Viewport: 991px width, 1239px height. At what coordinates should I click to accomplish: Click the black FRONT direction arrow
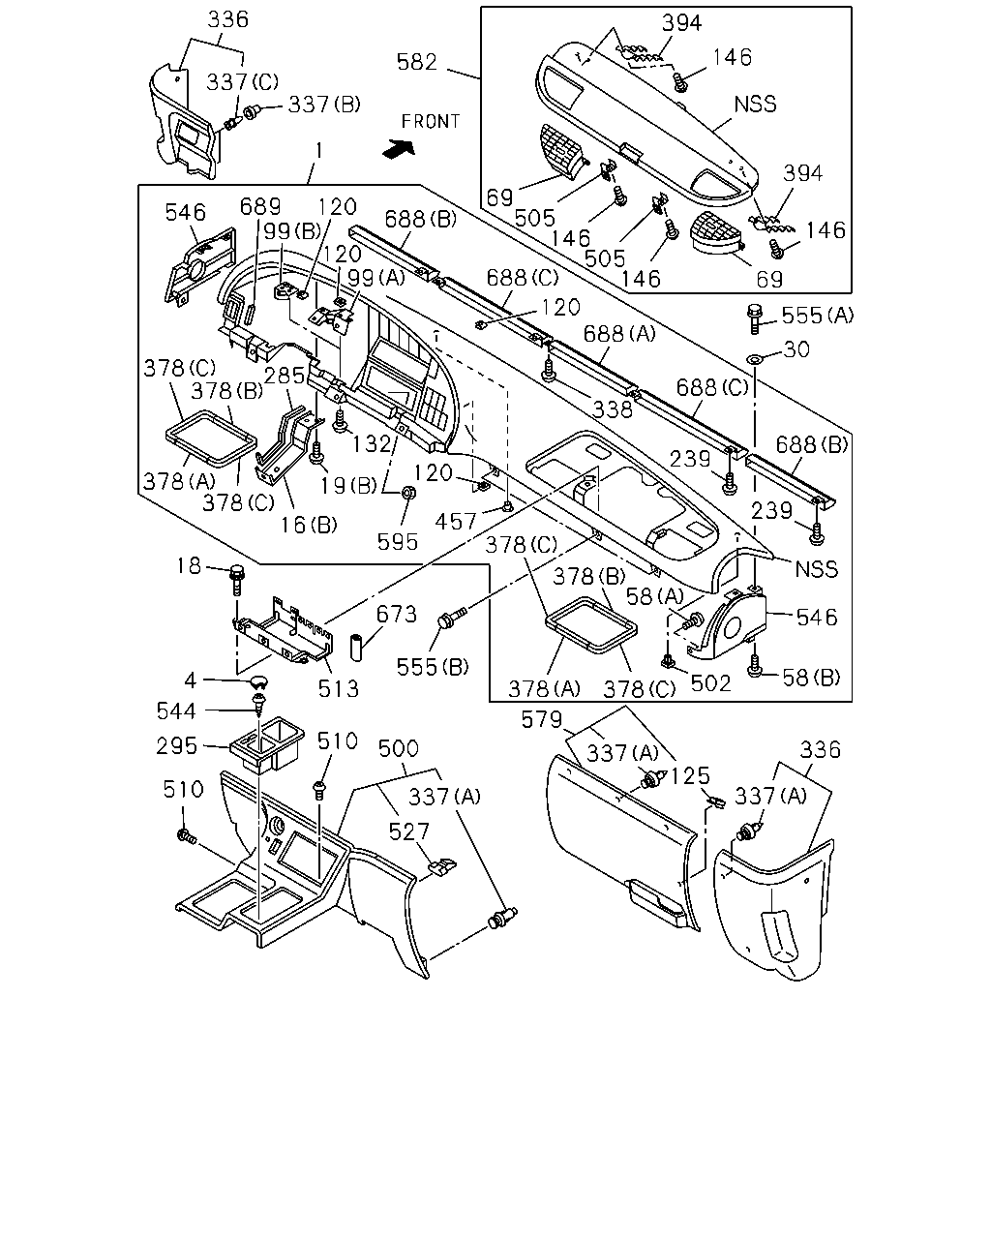tap(399, 149)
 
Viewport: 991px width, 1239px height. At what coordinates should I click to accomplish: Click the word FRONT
tap(430, 122)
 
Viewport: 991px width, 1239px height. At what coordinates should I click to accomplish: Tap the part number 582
tap(417, 62)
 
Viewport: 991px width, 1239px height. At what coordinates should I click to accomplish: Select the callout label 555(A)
tap(817, 316)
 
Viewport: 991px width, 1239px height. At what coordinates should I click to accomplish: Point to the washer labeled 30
tap(754, 359)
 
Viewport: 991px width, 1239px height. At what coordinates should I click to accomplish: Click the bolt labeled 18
tap(237, 580)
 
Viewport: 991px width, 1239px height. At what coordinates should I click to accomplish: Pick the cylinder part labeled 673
tap(356, 648)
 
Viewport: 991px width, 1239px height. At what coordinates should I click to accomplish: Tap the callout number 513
tap(338, 688)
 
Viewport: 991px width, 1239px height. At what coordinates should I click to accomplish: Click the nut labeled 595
tap(408, 493)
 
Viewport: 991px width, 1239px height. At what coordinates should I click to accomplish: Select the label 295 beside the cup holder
tap(177, 746)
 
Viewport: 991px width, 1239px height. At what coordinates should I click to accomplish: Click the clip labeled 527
tap(441, 866)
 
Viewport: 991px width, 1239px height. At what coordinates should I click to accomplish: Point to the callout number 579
tap(541, 719)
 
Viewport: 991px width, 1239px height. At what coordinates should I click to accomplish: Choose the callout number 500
tap(398, 748)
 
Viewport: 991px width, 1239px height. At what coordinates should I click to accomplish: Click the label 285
tap(284, 376)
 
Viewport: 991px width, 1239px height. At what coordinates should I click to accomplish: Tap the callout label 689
tap(260, 206)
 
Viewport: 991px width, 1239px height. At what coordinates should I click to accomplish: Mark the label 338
tap(613, 409)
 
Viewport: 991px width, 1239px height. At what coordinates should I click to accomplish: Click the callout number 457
tap(456, 522)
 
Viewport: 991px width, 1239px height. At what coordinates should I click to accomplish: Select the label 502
tap(710, 683)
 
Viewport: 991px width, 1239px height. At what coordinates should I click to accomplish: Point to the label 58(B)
tap(811, 678)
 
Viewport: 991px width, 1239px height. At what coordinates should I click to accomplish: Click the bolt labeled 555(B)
tap(451, 618)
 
